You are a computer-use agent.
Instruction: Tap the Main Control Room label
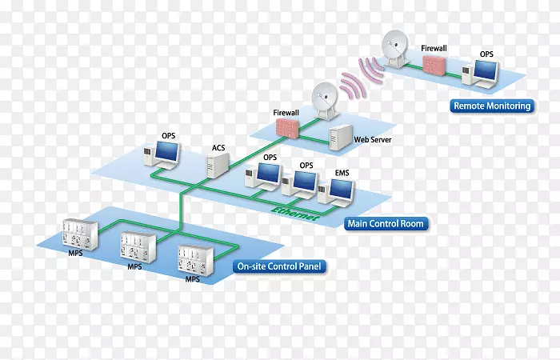[385, 224]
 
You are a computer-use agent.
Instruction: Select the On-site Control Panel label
[274, 267]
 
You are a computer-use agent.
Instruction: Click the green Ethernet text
[296, 213]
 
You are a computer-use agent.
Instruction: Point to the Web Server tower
[341, 138]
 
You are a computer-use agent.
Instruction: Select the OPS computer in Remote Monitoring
[485, 73]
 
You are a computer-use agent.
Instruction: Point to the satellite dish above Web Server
[323, 101]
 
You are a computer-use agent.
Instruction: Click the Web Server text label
[372, 140]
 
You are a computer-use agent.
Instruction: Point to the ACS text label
[218, 147]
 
